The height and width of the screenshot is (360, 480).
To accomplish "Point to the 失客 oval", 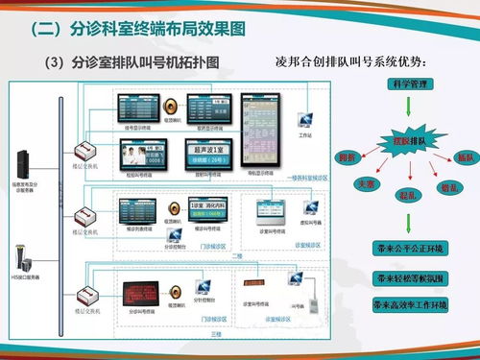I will pyautogui.click(x=364, y=181).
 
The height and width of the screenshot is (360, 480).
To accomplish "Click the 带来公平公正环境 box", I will pyautogui.click(x=410, y=248).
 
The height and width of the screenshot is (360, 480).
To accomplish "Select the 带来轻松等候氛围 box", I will pyautogui.click(x=410, y=276).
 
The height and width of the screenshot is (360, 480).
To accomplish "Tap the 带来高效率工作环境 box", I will pyautogui.click(x=410, y=304).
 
